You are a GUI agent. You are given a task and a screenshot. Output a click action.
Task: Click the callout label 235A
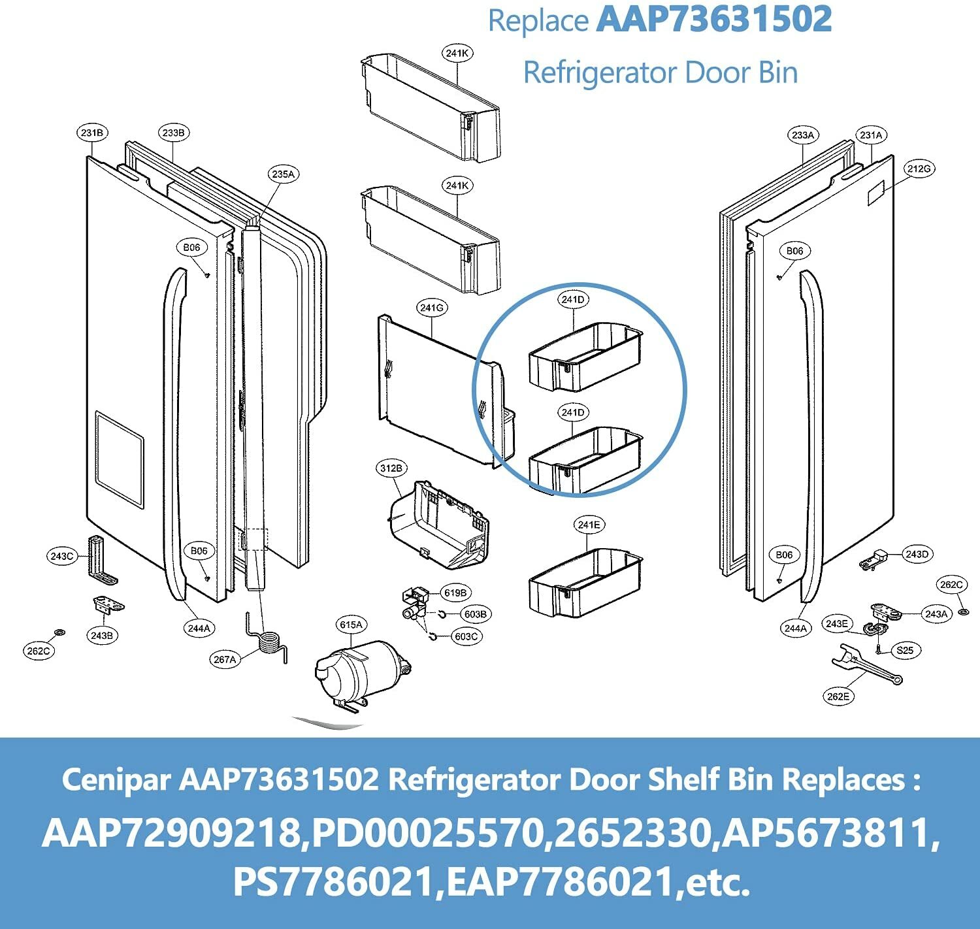point(283,174)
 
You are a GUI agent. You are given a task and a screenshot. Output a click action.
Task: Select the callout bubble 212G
point(919,169)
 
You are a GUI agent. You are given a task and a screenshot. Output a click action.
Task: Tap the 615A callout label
point(351,625)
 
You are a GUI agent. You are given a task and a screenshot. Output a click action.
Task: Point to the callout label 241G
point(432,307)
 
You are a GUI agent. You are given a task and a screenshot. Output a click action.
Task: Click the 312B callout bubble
point(391,468)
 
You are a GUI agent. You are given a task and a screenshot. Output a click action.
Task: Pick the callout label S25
point(905,650)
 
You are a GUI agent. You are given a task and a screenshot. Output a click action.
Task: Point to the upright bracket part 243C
point(100,559)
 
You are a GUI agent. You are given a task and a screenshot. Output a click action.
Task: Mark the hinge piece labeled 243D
point(874,560)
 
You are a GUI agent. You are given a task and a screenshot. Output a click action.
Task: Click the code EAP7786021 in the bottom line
point(560,882)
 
